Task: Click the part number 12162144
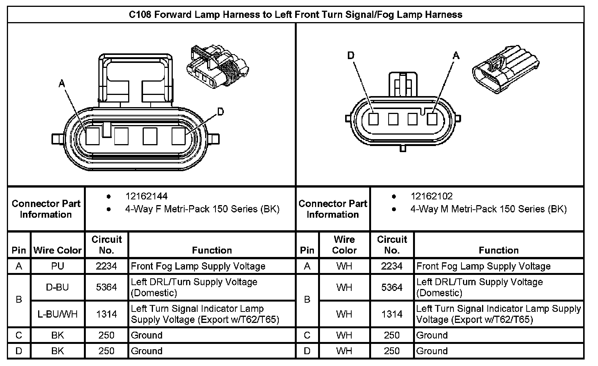146,196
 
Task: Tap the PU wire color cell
58,266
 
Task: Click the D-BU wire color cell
58,287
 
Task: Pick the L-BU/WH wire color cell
58,314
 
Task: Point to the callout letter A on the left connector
62,83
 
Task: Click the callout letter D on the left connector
220,111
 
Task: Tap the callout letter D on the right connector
351,56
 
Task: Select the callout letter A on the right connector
456,56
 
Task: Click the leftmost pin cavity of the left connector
92,136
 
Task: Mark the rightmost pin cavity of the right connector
432,119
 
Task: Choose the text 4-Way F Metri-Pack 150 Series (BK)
202,209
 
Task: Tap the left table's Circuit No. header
106,245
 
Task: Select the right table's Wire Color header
344,245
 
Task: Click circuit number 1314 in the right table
392,314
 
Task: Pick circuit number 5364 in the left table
106,287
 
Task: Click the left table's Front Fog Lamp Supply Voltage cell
198,266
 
